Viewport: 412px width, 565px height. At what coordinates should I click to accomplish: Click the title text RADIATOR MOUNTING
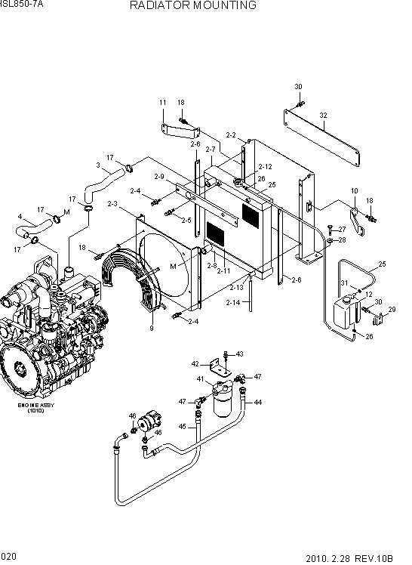pos(192,5)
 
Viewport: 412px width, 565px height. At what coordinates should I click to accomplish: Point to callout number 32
pos(324,116)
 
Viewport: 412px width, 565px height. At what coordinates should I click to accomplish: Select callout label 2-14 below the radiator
pos(233,302)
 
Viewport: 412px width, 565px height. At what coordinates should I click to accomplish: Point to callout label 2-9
pos(158,177)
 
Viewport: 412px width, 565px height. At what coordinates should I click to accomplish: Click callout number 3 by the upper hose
pos(97,165)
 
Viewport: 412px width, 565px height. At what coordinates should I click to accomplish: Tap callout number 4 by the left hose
pos(19,218)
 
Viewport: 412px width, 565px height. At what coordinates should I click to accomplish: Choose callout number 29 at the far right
pos(392,310)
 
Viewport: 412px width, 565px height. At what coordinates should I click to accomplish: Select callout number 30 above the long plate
pos(298,87)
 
